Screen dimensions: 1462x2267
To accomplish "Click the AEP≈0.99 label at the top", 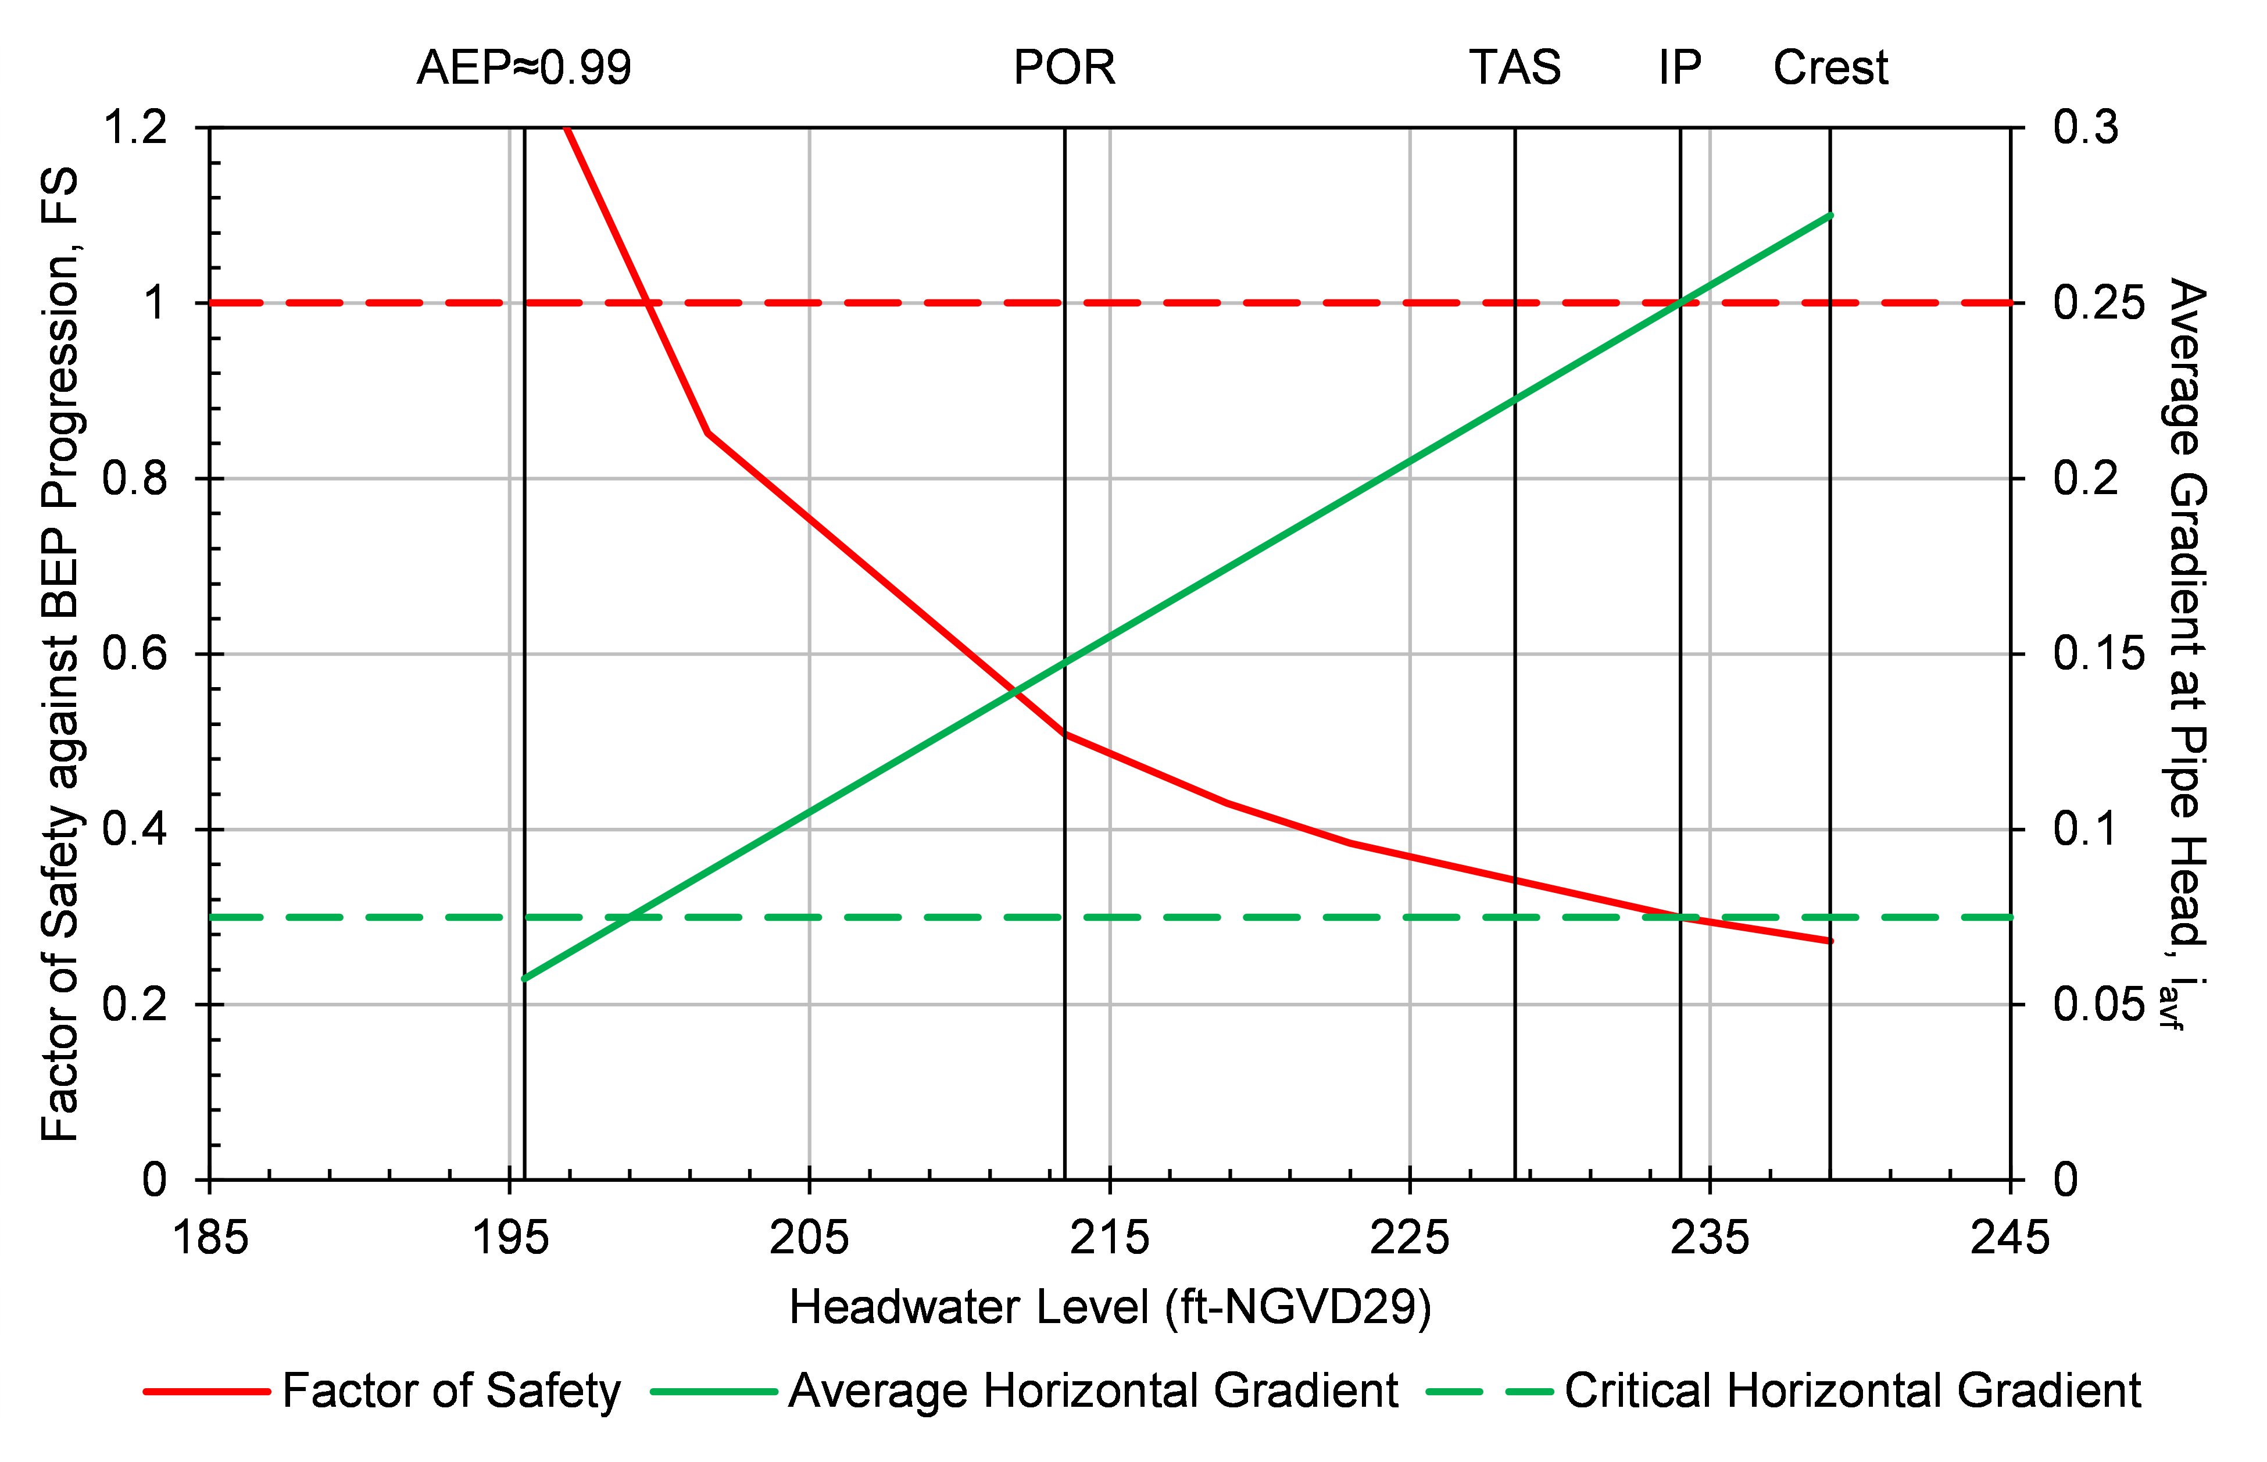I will click(524, 67).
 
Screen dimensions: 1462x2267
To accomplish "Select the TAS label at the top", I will click(1514, 67).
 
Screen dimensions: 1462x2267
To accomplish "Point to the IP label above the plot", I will click(1679, 67).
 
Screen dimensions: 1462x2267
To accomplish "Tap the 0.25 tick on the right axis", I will click(2098, 303).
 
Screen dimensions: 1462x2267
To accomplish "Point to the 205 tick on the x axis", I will click(809, 1238).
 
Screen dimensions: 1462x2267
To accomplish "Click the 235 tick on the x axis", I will click(1709, 1238).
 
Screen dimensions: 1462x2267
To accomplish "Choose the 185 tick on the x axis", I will click(210, 1238).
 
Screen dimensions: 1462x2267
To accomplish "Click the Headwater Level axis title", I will click(1110, 1307).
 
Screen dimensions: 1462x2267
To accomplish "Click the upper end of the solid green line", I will click(1829, 216).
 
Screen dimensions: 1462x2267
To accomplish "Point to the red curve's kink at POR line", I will click(1065, 734).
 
